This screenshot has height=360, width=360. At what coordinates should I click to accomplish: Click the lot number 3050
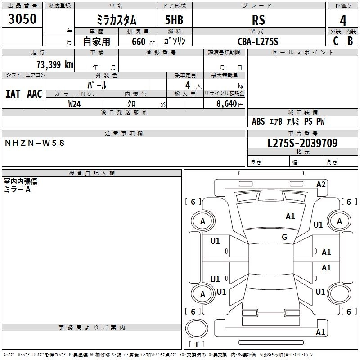(x=22, y=19)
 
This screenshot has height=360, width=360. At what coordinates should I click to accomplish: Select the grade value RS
(x=258, y=20)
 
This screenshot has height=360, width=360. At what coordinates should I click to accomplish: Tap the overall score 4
(x=343, y=21)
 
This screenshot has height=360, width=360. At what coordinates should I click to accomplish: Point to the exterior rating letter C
(x=336, y=41)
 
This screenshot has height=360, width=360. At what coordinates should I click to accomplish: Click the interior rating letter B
(x=350, y=41)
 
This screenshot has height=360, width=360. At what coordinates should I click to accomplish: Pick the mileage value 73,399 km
(x=55, y=65)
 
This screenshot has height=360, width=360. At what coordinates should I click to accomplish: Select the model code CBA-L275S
(x=258, y=41)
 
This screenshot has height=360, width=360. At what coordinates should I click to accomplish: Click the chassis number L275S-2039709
(x=302, y=143)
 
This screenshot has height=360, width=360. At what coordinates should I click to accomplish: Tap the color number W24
(x=74, y=104)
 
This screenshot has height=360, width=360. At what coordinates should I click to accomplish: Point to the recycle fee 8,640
(x=226, y=103)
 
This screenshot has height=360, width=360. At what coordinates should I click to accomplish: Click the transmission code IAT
(x=13, y=94)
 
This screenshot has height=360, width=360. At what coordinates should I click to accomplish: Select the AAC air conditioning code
(x=35, y=94)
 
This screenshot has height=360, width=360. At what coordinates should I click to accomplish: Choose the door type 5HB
(x=174, y=20)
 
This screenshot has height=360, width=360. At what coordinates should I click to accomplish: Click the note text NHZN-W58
(x=35, y=143)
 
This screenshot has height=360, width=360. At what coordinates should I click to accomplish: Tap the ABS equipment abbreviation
(x=258, y=121)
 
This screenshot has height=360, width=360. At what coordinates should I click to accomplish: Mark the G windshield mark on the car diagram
(x=284, y=237)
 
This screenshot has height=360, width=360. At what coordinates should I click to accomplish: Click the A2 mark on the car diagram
(x=321, y=184)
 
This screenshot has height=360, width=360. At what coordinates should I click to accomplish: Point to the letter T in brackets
(x=197, y=344)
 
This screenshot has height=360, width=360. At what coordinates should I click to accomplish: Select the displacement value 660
(x=139, y=41)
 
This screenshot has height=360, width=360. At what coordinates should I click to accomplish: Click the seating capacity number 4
(x=188, y=85)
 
